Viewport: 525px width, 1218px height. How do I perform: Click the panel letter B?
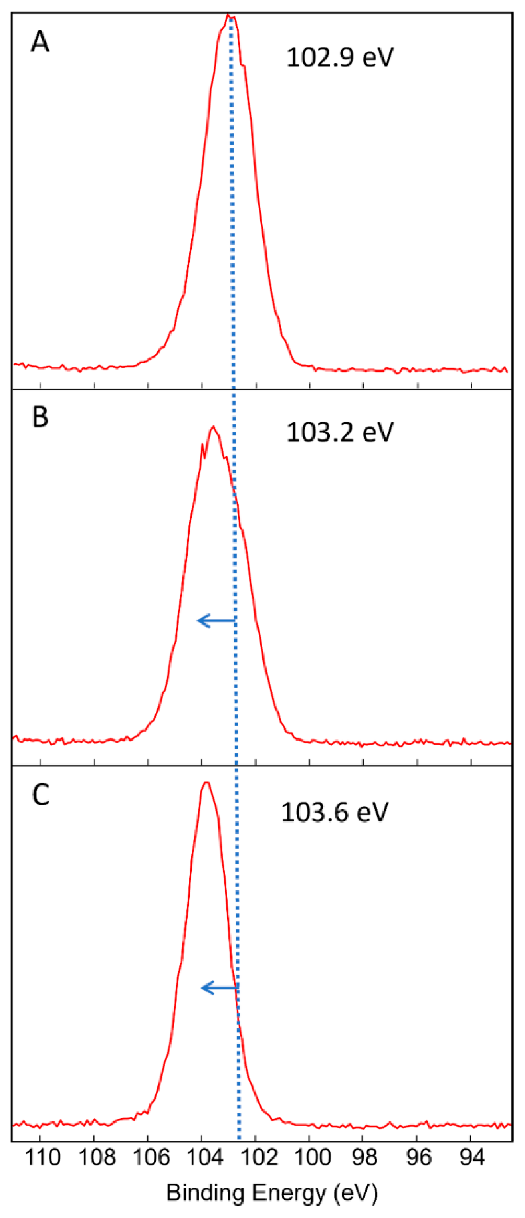[x=40, y=417]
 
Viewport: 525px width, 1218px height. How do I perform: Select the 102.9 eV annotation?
[x=340, y=57]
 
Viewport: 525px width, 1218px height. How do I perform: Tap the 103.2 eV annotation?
[x=340, y=432]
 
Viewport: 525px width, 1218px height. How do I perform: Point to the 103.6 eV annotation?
[x=335, y=812]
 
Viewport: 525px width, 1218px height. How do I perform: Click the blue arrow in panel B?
[x=216, y=620]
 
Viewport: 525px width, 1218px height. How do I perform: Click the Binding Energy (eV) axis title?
[x=272, y=1192]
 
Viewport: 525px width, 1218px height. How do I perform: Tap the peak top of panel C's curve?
[x=206, y=783]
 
